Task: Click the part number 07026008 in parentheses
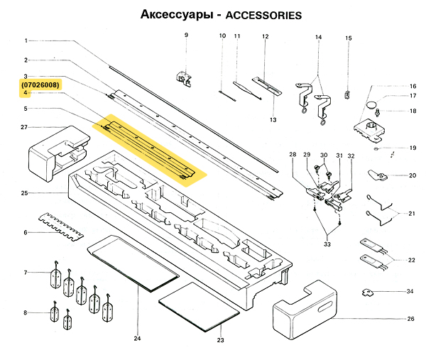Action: click(40, 85)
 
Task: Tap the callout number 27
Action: click(24, 128)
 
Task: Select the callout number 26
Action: click(410, 319)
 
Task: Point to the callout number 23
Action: click(220, 341)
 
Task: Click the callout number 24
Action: click(137, 337)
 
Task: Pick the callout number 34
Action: click(410, 292)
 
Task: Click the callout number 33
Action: click(327, 244)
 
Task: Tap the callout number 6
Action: click(25, 232)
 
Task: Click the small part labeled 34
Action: click(369, 291)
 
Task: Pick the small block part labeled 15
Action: click(348, 93)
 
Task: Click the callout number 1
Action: click(25, 40)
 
